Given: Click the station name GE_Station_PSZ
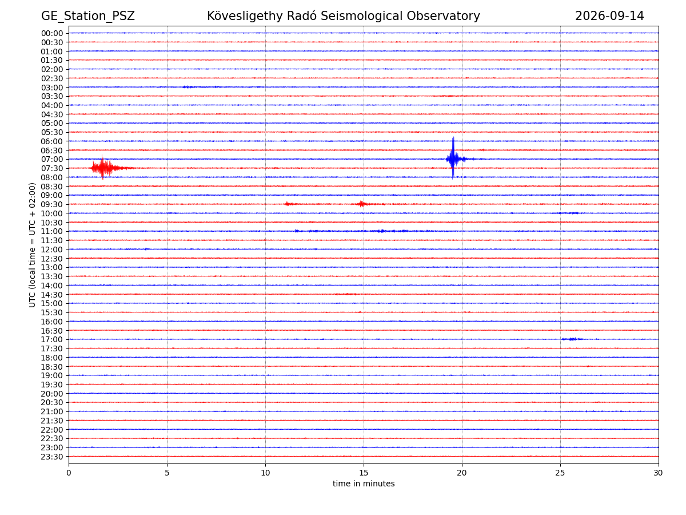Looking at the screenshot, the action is click(x=88, y=16).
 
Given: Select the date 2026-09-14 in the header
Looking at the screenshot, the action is click(x=609, y=16).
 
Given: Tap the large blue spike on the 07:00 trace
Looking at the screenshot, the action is click(x=453, y=159).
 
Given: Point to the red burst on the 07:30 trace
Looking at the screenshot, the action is click(x=106, y=168).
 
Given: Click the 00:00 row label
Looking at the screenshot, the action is click(x=52, y=33).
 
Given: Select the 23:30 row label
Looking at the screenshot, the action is click(x=52, y=457).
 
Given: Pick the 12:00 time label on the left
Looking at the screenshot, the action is click(x=52, y=249).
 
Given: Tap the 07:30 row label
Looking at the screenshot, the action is click(x=52, y=168).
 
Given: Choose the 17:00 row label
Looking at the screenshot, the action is click(x=52, y=339).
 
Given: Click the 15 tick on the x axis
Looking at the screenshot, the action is click(x=364, y=473).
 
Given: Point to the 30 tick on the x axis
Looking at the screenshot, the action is click(x=658, y=473).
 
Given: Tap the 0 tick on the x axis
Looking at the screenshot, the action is click(x=69, y=473).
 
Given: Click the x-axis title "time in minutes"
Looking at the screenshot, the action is click(x=364, y=484).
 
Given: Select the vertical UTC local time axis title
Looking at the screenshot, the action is click(x=32, y=245).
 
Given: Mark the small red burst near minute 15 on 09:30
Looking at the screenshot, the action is click(x=362, y=204).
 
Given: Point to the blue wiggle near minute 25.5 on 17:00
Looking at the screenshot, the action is click(x=572, y=339).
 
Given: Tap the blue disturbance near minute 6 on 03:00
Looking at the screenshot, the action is click(x=188, y=87).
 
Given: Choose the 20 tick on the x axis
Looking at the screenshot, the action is click(x=461, y=473).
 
